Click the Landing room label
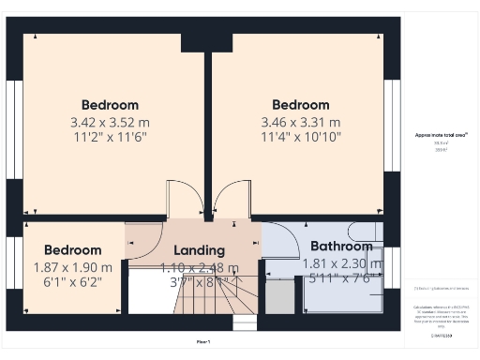coord(199,250)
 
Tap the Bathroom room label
coord(341,247)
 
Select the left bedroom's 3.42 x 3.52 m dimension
coord(110,122)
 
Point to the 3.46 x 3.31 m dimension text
coord(300,122)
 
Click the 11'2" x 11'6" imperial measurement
coord(110,137)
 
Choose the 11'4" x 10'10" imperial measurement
coord(300,137)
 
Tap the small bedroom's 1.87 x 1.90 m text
coord(72,266)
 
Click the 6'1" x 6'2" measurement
coord(72,281)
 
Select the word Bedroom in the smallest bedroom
coord(72,250)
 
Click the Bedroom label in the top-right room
coord(300,105)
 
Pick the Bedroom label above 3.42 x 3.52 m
coord(110,105)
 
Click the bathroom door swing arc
coord(277,240)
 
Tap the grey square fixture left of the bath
coord(279,297)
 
